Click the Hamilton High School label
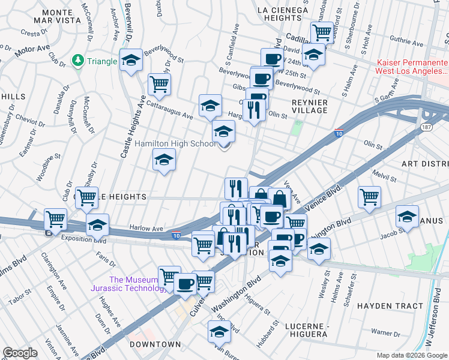click(175, 144)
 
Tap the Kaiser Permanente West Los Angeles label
click(412, 67)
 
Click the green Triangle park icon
click(77, 60)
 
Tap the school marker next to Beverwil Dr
click(131, 60)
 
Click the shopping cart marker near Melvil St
click(369, 197)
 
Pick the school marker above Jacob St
click(408, 217)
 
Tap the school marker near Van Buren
click(219, 331)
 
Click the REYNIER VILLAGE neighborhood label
click(309, 106)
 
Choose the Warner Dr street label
click(385, 332)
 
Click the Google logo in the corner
click(20, 353)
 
